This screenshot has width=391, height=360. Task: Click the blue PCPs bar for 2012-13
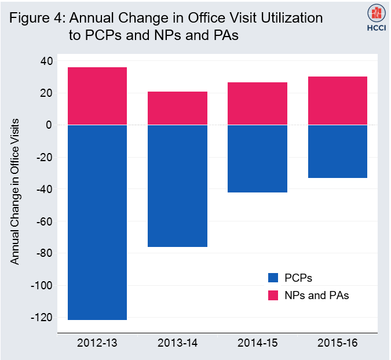pyautogui.click(x=97, y=222)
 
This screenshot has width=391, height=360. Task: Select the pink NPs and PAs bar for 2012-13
pyautogui.click(x=97, y=96)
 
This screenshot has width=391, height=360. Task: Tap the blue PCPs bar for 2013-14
pyautogui.click(x=177, y=186)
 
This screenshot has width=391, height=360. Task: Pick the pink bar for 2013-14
pyautogui.click(x=177, y=108)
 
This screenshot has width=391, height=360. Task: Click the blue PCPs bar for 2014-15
pyautogui.click(x=257, y=158)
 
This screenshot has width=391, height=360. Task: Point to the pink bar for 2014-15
pyautogui.click(x=257, y=104)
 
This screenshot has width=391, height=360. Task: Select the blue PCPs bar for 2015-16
pyautogui.click(x=337, y=151)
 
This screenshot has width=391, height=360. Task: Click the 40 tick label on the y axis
pyautogui.click(x=46, y=61)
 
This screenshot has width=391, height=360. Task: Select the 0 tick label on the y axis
pyautogui.click(x=49, y=125)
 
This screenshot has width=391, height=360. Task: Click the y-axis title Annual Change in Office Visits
pyautogui.click(x=15, y=191)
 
